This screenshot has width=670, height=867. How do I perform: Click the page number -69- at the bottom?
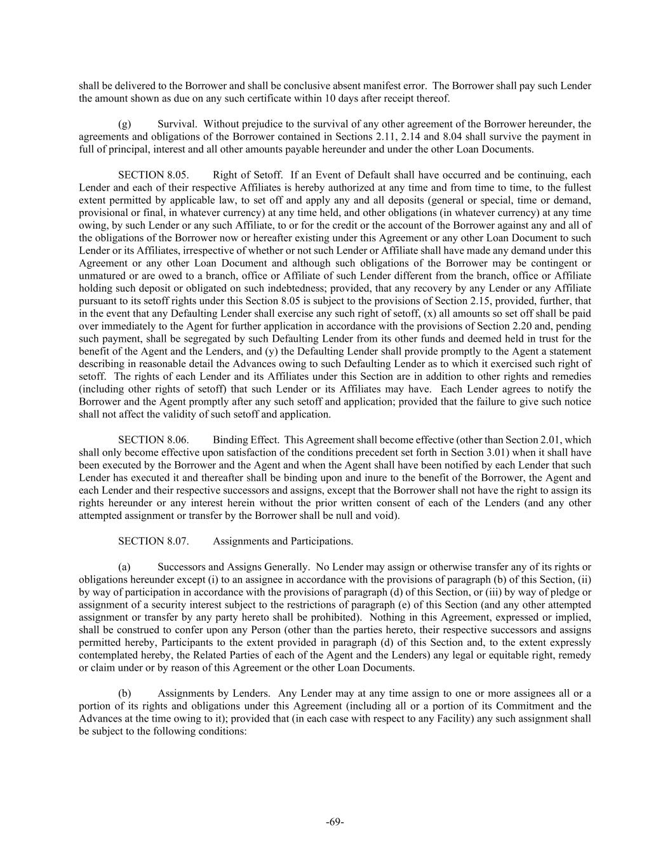point(335,822)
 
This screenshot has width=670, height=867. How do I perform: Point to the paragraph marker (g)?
point(125,124)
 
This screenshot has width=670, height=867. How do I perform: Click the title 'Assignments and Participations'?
point(283,541)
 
